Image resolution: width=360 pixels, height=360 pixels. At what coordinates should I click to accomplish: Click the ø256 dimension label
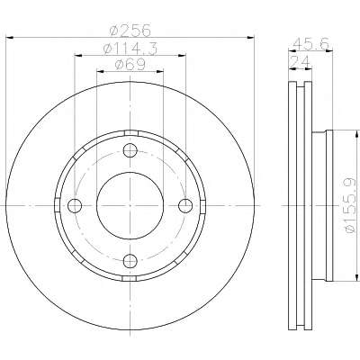(130, 31)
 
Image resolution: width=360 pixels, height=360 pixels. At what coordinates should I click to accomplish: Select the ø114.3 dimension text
(130, 49)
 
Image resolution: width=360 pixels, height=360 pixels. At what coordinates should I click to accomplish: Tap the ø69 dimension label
(130, 64)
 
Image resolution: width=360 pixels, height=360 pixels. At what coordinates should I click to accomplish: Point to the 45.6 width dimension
(310, 44)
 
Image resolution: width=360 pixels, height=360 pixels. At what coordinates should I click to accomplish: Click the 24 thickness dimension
(300, 62)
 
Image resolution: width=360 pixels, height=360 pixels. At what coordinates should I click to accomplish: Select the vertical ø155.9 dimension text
(350, 205)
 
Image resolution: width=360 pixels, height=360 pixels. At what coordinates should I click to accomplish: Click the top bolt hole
(130, 150)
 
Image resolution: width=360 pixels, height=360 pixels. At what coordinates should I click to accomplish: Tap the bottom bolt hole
(130, 260)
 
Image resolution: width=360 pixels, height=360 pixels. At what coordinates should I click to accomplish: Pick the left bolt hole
(75, 205)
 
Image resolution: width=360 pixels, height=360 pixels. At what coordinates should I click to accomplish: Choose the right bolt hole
(185, 205)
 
